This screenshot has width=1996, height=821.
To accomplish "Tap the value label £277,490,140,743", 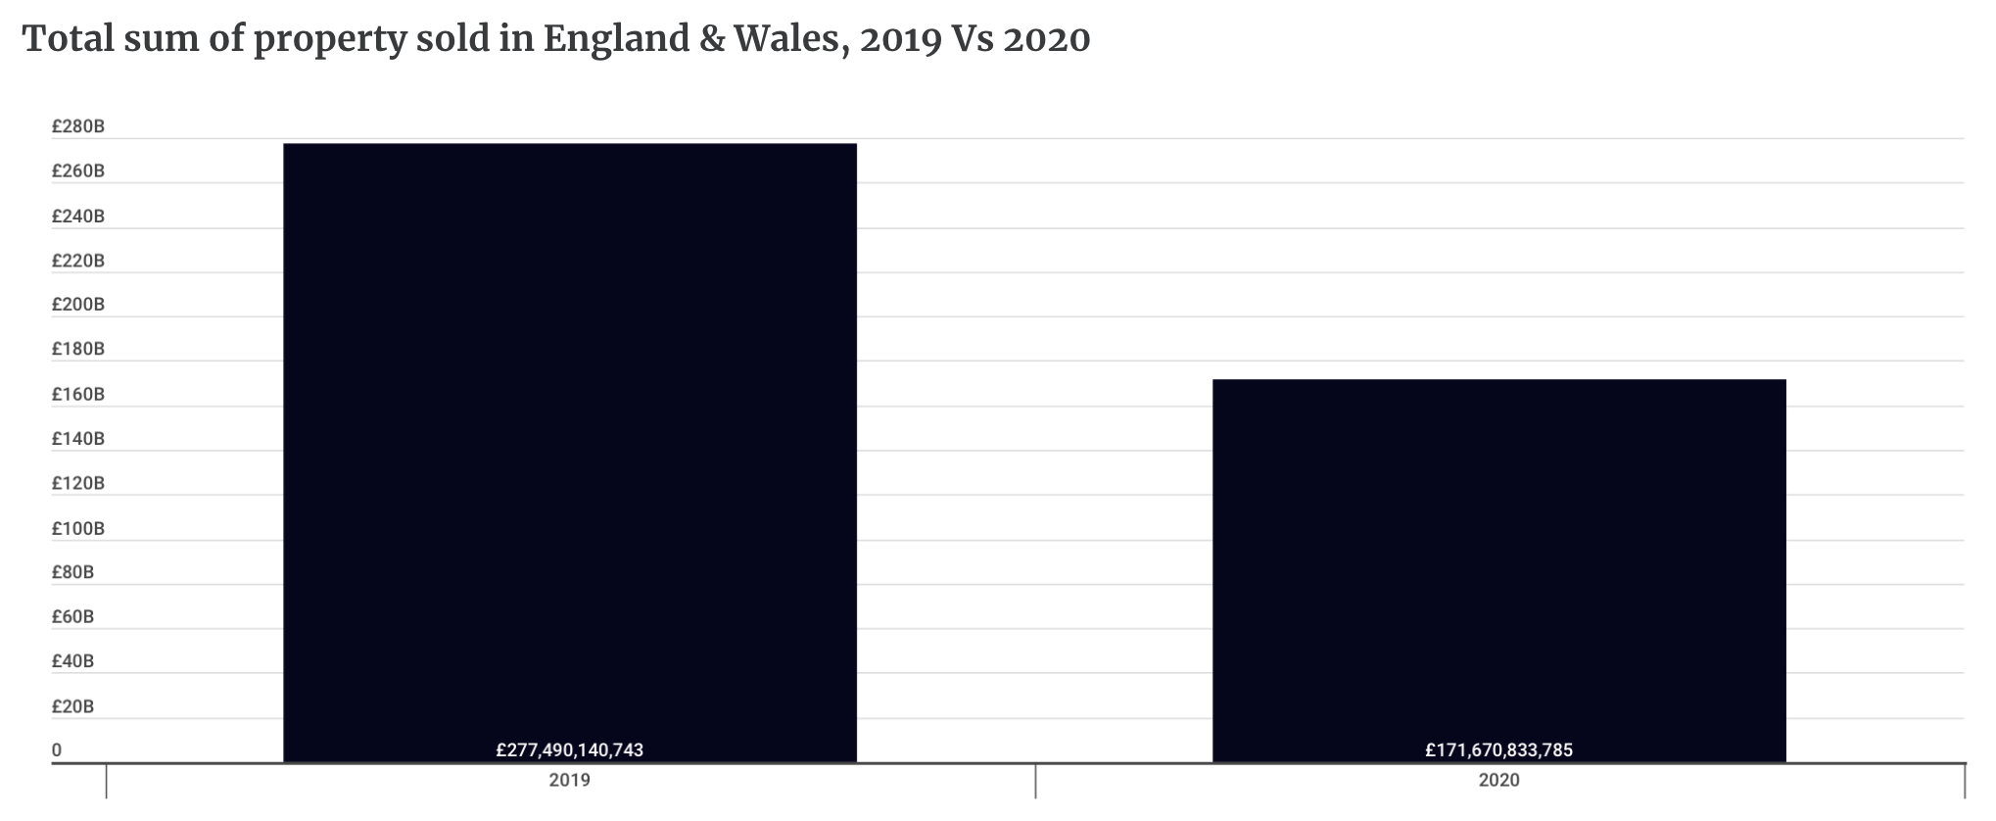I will [x=569, y=750].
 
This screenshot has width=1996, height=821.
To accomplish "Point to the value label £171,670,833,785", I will [x=1498, y=750].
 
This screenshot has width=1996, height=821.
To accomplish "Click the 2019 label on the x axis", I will [x=569, y=781].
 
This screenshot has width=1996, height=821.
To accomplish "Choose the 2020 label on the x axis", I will [x=1498, y=781].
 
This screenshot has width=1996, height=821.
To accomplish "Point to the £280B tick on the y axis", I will [x=78, y=126].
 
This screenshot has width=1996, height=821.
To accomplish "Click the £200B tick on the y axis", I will [x=78, y=305].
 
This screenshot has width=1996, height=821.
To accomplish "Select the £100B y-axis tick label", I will [x=78, y=529].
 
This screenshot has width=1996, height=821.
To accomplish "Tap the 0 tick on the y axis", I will [x=57, y=750].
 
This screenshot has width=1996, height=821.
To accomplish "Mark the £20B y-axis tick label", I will [x=73, y=706].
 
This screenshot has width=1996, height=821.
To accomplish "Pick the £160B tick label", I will [x=78, y=395].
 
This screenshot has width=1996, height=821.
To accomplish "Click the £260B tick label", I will [x=78, y=171].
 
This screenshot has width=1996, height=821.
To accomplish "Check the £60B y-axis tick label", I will [x=73, y=617].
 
